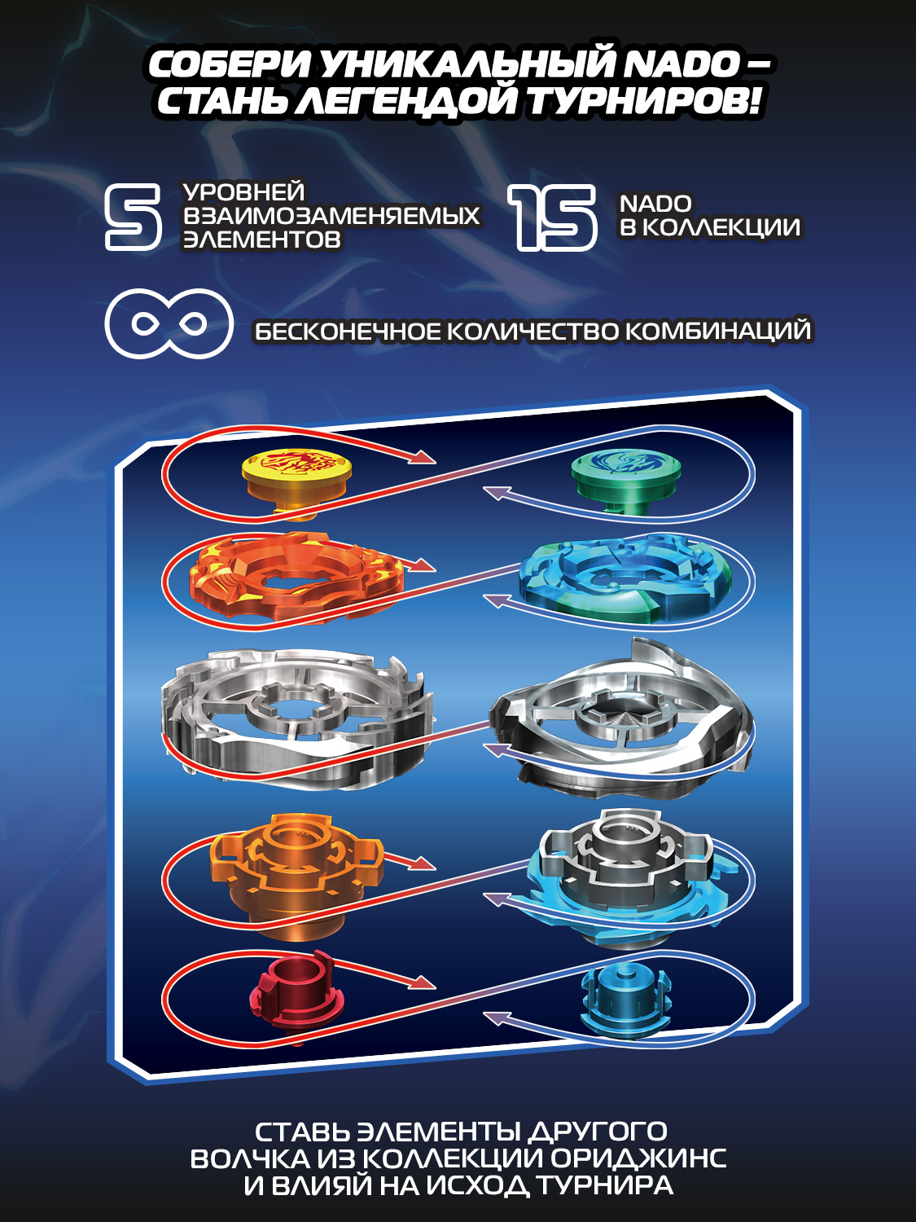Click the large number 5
134,218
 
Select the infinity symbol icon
169,323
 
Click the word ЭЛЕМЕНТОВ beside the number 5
261,240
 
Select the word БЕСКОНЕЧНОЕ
345,332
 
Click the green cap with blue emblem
626,480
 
